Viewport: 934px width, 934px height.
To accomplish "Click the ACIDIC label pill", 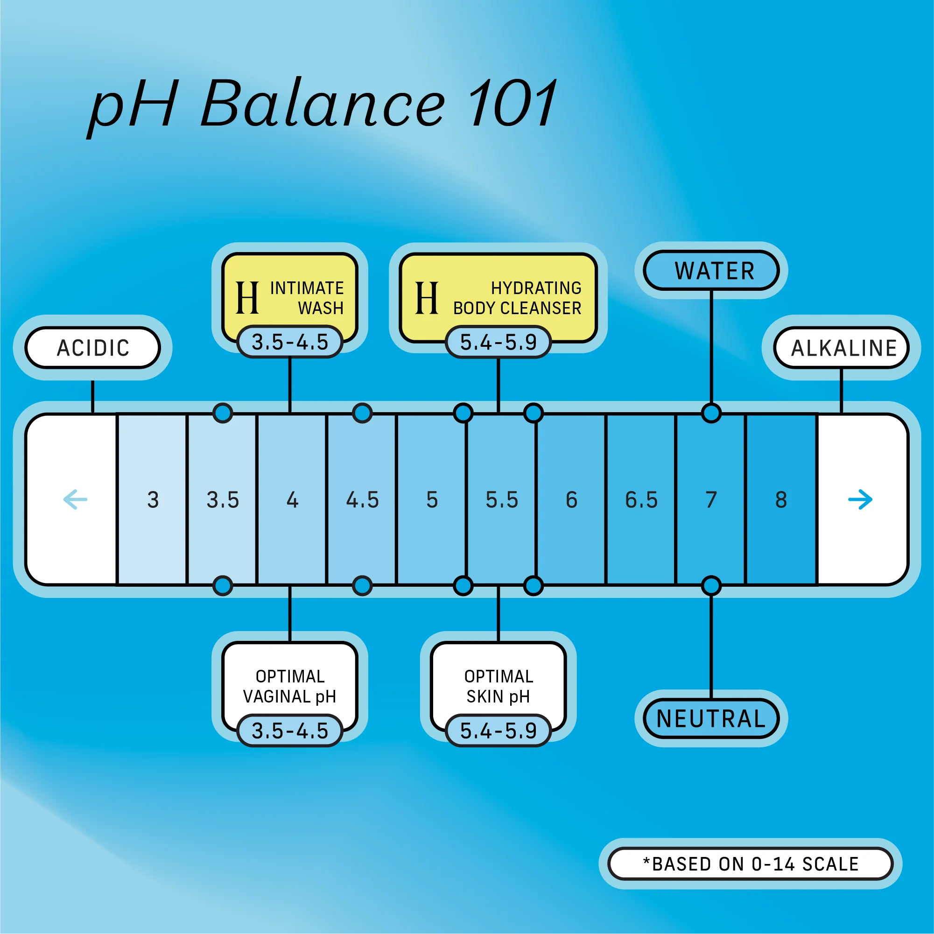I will pos(92,348).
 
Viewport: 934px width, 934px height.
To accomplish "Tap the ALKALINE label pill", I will pos(842,348).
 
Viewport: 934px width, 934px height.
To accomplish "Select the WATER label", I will pos(711,270).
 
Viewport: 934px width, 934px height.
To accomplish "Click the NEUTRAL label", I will pos(711,718).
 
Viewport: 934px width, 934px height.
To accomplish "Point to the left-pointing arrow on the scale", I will pos(76,499).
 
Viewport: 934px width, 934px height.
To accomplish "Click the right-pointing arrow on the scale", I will pos(860,499).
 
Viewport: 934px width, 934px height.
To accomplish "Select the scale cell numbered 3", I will pos(153,499).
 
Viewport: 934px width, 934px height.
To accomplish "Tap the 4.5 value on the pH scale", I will pos(362,499).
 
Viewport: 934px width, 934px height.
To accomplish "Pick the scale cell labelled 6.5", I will pos(641,499).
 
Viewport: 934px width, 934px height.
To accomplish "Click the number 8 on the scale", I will pos(781,499).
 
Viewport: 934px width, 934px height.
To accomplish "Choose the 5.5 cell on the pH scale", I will pos(502,499).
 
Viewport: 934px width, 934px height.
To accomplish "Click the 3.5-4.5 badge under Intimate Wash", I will pos(290,342).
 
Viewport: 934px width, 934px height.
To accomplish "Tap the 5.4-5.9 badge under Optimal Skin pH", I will pos(498,730).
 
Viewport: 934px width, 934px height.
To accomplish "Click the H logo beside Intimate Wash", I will pos(247,298).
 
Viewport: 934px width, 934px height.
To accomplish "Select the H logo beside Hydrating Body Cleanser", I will pos(427,298).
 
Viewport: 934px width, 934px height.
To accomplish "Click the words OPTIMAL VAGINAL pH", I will pos(290,686).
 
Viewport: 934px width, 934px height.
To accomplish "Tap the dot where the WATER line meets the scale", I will pos(711,413).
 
